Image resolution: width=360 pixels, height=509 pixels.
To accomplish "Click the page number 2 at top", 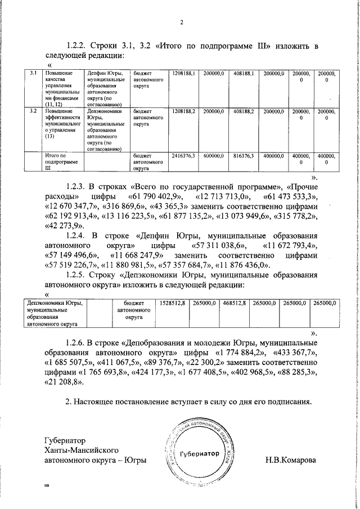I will point(182,22).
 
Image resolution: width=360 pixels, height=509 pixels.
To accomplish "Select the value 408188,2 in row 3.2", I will point(244,112).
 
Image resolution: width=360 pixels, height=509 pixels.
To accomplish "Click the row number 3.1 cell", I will point(33,74).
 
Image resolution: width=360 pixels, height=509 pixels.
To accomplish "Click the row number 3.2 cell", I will point(33,112).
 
